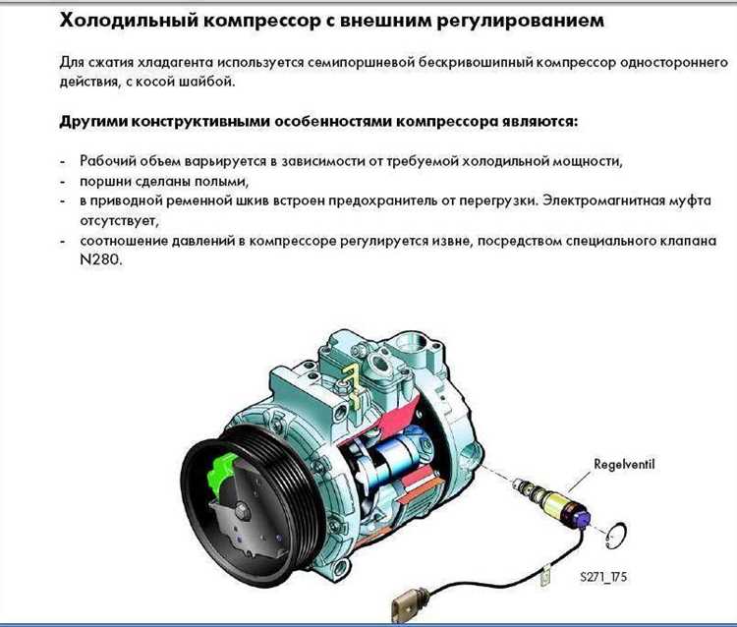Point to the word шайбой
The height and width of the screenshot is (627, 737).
209,81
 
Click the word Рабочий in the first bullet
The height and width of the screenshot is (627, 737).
106,160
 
